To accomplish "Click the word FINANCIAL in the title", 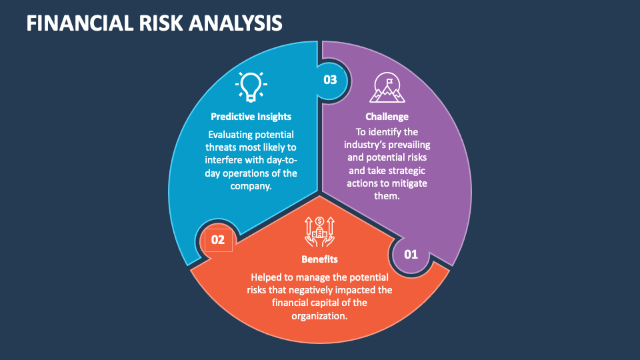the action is click(80, 23).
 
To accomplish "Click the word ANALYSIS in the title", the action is click(235, 23).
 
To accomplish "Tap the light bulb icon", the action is click(251, 87).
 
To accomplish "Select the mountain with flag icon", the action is click(387, 87).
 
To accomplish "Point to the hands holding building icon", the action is click(319, 231).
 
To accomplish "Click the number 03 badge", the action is click(330, 80).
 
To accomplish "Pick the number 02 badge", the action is click(218, 239).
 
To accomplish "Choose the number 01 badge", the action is click(411, 255).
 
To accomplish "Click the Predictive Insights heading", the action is click(251, 117).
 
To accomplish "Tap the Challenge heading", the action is click(387, 117).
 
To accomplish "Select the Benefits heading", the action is click(319, 259).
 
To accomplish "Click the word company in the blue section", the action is click(250, 187).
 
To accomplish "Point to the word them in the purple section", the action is click(386, 196).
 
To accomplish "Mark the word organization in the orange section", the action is click(319, 316).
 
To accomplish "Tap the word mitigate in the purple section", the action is click(408, 183).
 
